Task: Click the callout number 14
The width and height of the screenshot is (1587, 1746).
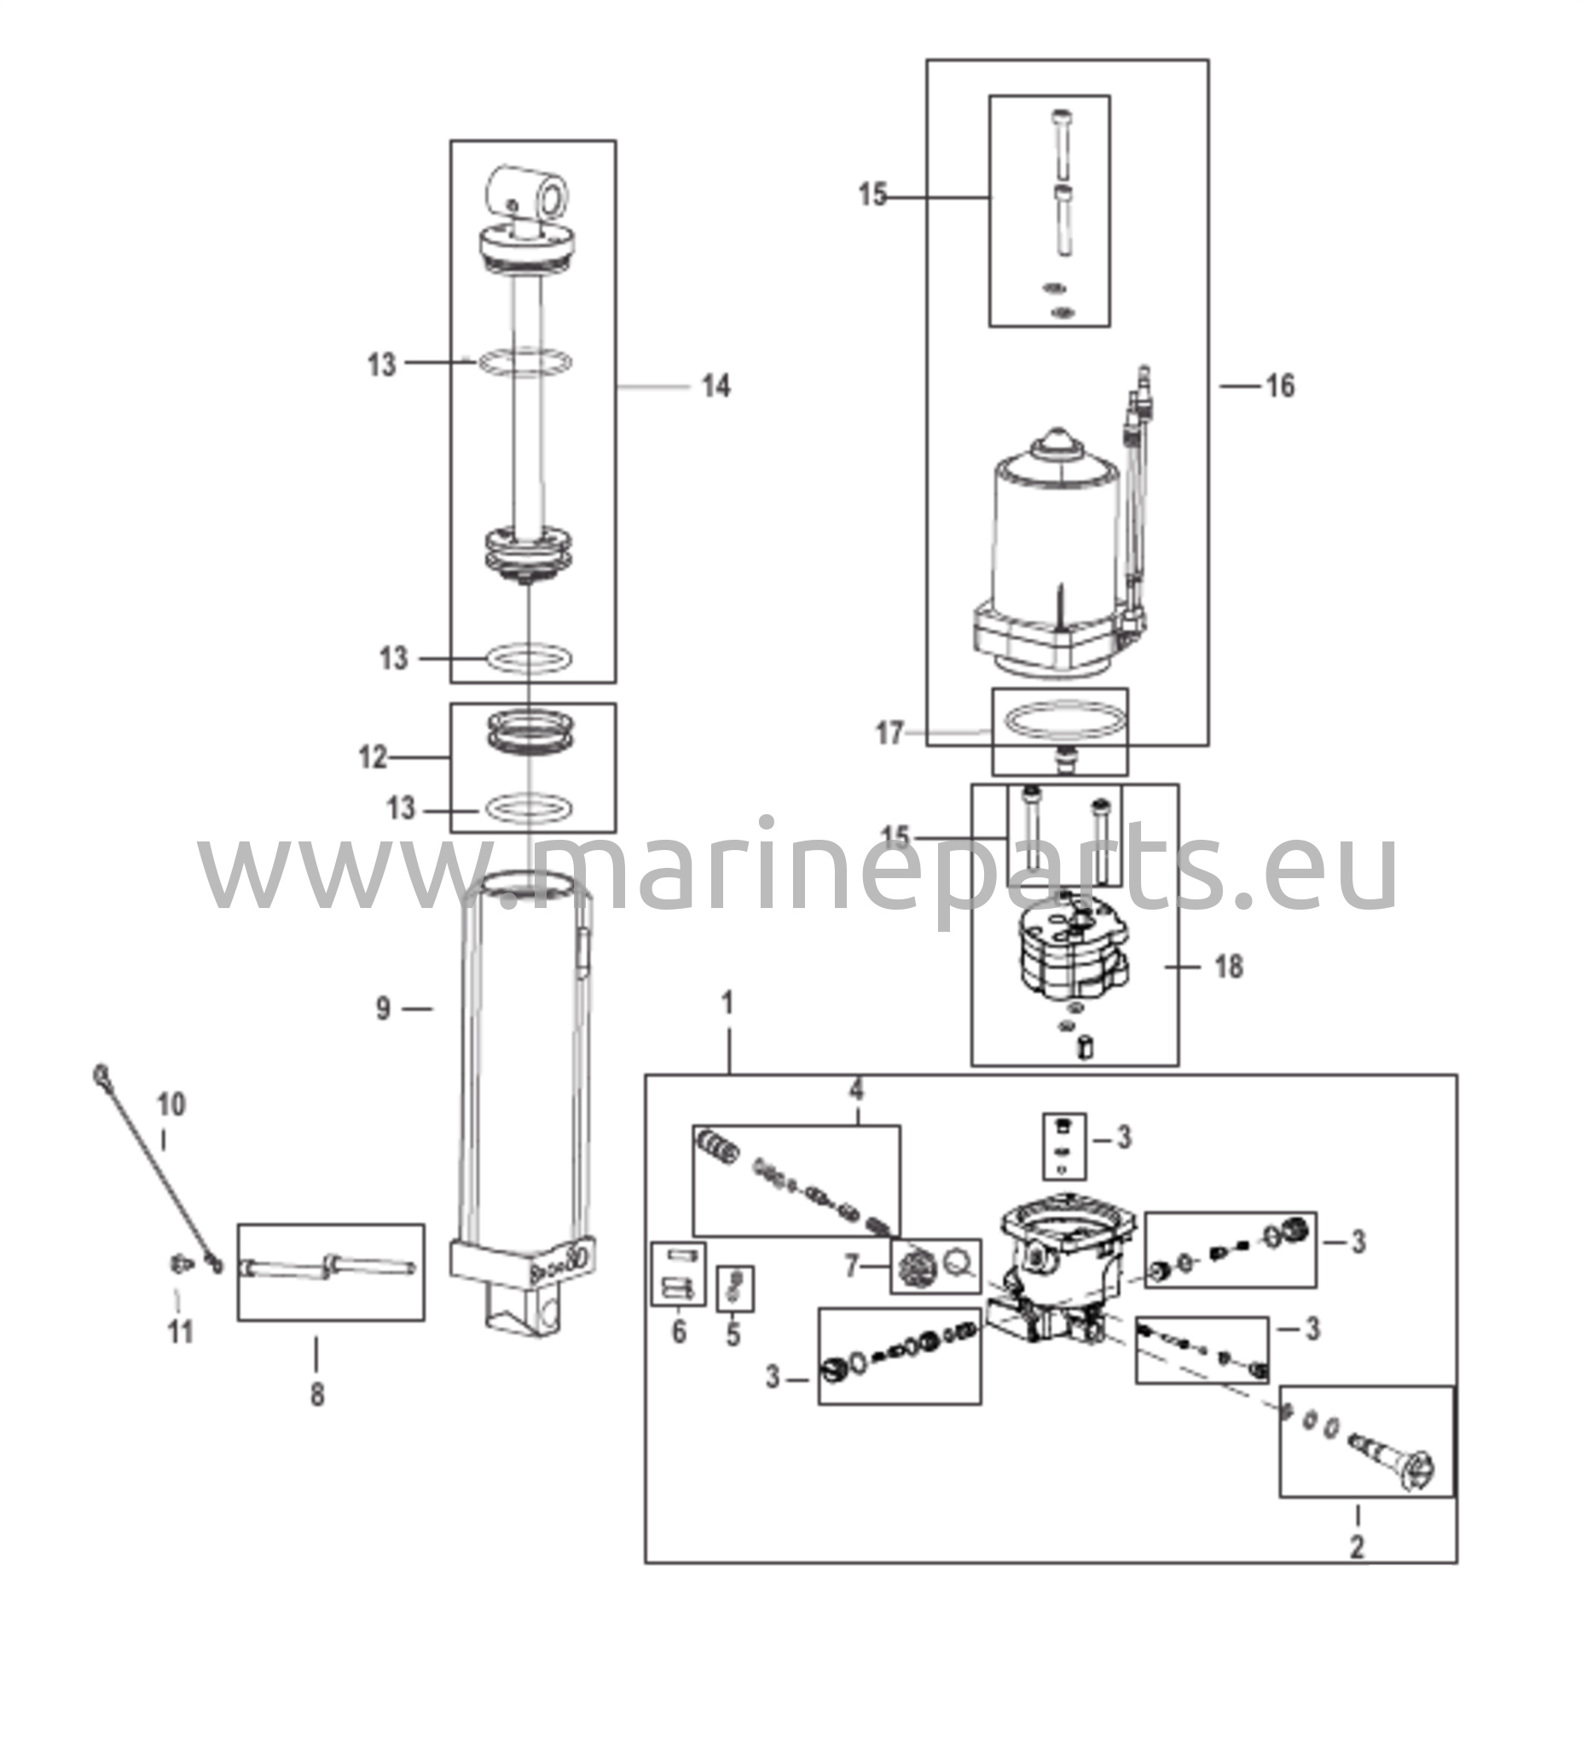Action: pyautogui.click(x=715, y=386)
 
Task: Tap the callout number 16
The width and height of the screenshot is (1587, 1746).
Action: pyautogui.click(x=1280, y=386)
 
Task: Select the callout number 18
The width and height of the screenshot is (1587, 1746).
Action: pyautogui.click(x=1228, y=967)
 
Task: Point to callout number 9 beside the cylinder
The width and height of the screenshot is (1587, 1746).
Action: pyautogui.click(x=383, y=1008)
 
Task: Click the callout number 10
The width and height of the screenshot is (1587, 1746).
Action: pyautogui.click(x=171, y=1104)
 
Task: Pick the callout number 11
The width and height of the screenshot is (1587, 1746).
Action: pyautogui.click(x=179, y=1331)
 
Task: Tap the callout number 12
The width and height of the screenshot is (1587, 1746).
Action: pyautogui.click(x=374, y=758)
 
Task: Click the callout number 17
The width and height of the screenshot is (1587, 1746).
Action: pyautogui.click(x=889, y=733)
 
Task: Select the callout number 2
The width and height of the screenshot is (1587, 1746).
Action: pyautogui.click(x=1357, y=1546)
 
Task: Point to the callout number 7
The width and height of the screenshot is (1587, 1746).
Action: pyautogui.click(x=852, y=1267)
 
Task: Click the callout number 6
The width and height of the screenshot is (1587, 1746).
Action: pyautogui.click(x=678, y=1331)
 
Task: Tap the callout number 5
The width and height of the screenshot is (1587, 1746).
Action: pyautogui.click(x=733, y=1334)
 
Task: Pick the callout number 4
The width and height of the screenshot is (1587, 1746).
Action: pyautogui.click(x=856, y=1090)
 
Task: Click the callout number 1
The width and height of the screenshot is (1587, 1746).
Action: pyautogui.click(x=727, y=1003)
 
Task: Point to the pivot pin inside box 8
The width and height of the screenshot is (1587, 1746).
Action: pyautogui.click(x=330, y=1269)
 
